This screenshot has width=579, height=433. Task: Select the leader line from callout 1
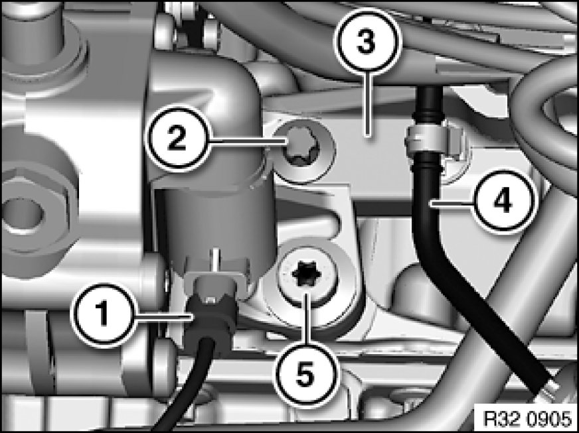click(x=159, y=316)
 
